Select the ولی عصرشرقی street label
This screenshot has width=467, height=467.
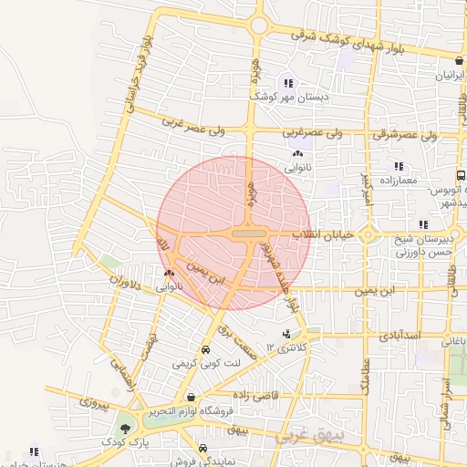click(x=419, y=135)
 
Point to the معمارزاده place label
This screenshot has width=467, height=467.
click(x=419, y=180)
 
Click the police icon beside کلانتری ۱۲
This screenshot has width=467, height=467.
click(x=288, y=335)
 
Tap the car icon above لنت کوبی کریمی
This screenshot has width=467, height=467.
click(x=205, y=350)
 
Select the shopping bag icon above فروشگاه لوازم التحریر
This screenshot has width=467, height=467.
click(x=191, y=397)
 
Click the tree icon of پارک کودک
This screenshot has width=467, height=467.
click(x=124, y=426)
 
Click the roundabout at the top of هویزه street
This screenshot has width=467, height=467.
click(x=260, y=25)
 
